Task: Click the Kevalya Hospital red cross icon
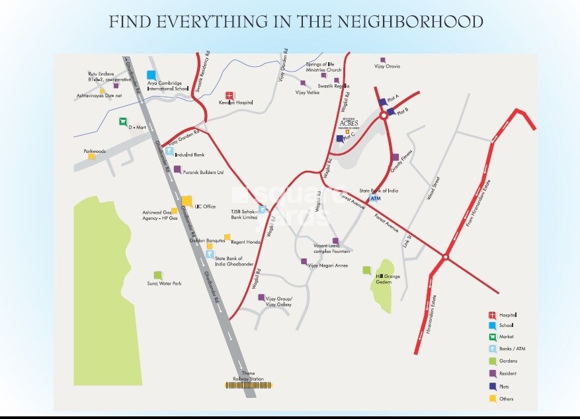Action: point(230,96)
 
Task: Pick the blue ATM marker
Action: point(375,198)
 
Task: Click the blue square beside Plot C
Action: point(340,138)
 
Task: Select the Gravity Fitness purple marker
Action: point(395,158)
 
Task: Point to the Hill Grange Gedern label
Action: point(384,279)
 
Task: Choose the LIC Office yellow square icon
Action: point(187,201)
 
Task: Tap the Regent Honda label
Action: point(246,242)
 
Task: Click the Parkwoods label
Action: point(95,151)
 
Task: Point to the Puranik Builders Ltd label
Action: point(204,172)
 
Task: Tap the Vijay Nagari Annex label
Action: point(327,265)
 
